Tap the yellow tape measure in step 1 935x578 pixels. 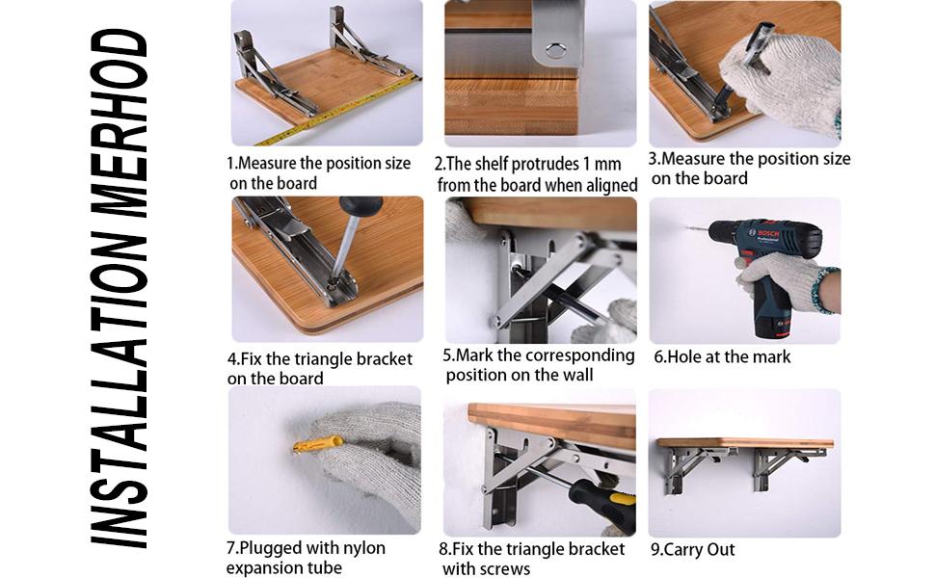337,106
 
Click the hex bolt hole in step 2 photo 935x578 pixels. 556,49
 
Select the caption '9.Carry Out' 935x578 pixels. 693,550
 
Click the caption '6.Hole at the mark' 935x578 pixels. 722,356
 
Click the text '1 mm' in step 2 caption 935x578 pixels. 602,164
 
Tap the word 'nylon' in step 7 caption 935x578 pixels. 360,548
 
